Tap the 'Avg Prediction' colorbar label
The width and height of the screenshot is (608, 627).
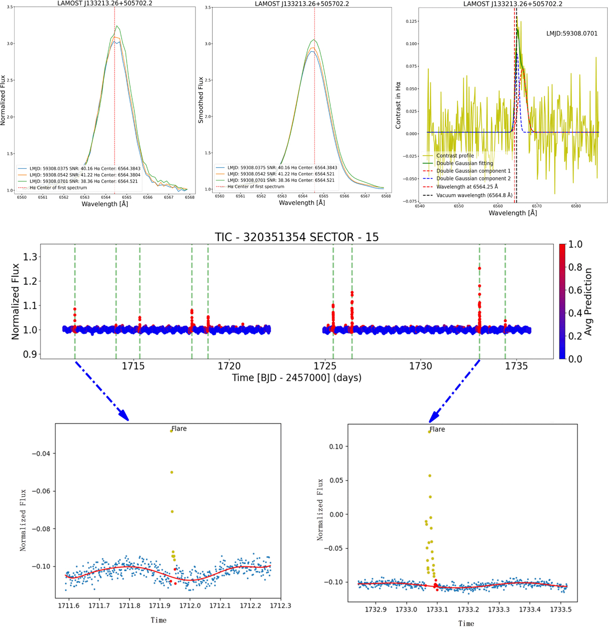coord(588,302)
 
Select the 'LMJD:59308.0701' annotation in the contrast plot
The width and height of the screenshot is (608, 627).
coord(572,33)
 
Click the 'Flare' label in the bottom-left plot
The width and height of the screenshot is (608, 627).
coord(179,429)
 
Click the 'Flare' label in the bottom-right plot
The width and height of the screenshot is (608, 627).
coord(437,429)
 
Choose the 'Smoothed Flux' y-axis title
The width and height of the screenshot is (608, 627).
coord(201,100)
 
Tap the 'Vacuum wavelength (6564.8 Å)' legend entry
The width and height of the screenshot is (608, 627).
coord(474,195)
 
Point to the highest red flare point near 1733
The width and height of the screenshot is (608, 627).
coord(479,269)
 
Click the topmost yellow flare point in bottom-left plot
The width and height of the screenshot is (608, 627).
coord(172,431)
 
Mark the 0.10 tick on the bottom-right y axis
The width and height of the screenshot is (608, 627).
coord(336,447)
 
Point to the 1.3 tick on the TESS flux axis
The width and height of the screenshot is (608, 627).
coord(31,257)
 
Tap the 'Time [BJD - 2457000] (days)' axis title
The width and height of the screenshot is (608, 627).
coord(296,378)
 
